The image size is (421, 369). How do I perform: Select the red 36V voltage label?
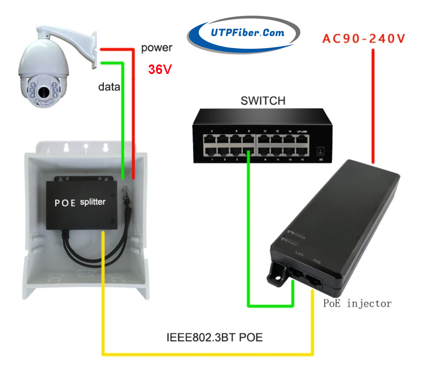point(160,69)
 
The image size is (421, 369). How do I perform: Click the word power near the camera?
point(156,48)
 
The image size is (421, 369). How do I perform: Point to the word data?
point(109,87)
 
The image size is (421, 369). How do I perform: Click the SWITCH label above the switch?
point(263,101)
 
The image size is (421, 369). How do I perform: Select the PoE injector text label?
point(357,303)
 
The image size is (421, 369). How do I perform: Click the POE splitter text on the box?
point(80,202)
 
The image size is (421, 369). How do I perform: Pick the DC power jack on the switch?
point(320,151)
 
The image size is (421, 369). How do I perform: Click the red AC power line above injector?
point(373,104)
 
